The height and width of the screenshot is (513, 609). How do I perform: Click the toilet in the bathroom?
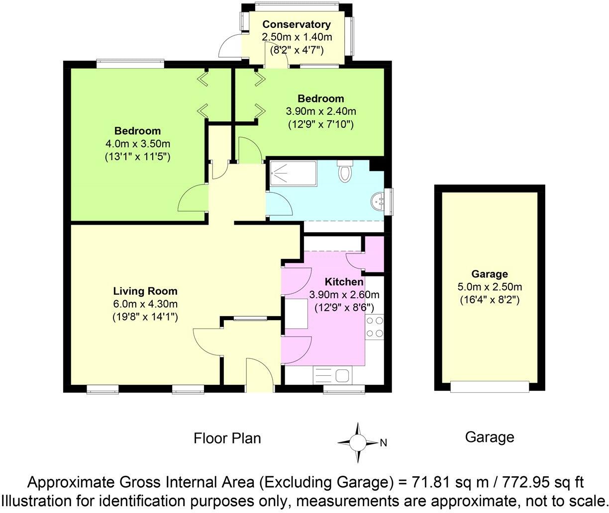344,171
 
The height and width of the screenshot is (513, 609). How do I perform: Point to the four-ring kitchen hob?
374,327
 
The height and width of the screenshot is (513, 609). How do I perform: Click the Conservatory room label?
296,24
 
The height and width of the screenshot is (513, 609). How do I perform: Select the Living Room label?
145,291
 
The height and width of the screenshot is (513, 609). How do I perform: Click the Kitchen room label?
344,282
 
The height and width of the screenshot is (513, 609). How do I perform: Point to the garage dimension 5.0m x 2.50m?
490,287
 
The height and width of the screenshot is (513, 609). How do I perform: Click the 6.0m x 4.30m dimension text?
145,304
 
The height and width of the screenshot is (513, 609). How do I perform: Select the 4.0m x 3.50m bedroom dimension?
137,144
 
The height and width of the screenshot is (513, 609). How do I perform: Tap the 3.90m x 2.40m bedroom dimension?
320,111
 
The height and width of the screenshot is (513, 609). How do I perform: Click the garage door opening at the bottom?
490,386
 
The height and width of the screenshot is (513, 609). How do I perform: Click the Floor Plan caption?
227,438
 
